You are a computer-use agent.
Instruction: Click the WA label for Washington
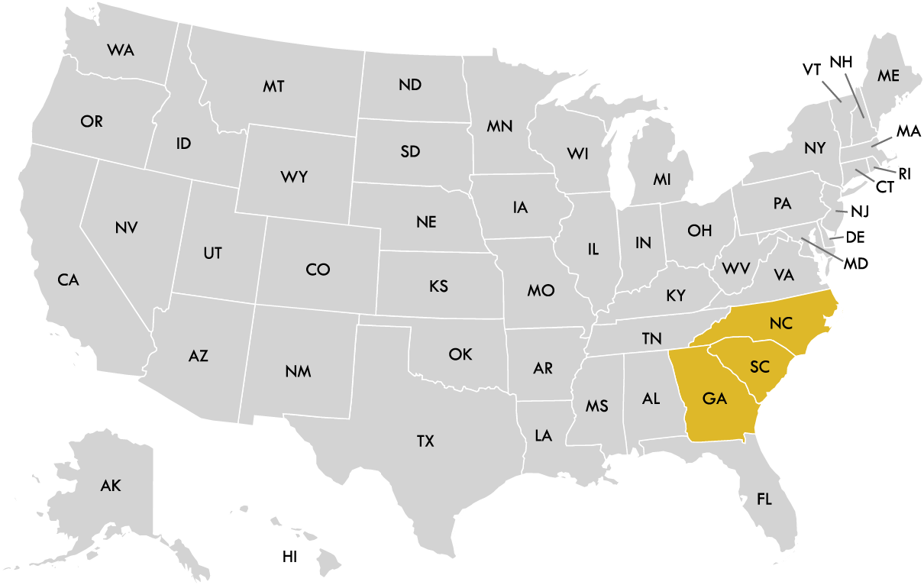(x=120, y=50)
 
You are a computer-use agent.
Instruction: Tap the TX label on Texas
(x=425, y=441)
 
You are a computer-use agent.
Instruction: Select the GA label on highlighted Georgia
(x=714, y=399)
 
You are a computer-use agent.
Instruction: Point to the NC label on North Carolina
(x=781, y=324)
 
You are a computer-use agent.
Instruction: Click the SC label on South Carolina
(x=759, y=367)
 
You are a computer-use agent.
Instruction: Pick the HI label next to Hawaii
(x=289, y=557)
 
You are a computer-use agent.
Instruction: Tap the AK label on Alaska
(x=111, y=485)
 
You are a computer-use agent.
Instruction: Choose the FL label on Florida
(x=764, y=499)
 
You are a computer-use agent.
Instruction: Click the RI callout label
(x=905, y=173)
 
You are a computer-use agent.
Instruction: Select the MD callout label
(x=856, y=264)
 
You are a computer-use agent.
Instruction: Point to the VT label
(x=812, y=69)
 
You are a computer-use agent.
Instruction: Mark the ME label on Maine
(x=888, y=76)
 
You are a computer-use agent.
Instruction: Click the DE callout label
(x=855, y=237)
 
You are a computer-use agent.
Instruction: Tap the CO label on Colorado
(x=318, y=270)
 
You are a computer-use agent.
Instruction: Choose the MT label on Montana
(x=273, y=86)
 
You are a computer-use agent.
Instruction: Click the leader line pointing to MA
(x=881, y=141)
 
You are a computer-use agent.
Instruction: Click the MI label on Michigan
(x=661, y=179)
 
